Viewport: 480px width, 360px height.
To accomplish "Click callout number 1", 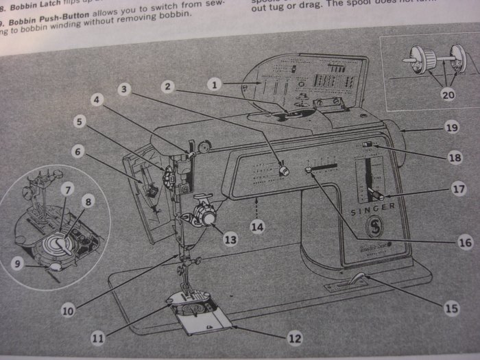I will (215, 85).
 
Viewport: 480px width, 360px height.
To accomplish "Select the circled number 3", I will (123, 88).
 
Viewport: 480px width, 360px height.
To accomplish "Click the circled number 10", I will (67, 310).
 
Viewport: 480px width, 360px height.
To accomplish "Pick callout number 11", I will (100, 338).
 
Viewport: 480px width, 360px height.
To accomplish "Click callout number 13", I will (230, 239).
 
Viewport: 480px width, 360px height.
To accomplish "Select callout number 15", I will (451, 309).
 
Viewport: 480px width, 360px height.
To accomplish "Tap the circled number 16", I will (446, 243).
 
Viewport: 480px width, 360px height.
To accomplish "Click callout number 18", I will (454, 158).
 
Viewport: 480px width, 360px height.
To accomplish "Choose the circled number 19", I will (451, 128).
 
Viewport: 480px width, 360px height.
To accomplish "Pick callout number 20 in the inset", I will (448, 95).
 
